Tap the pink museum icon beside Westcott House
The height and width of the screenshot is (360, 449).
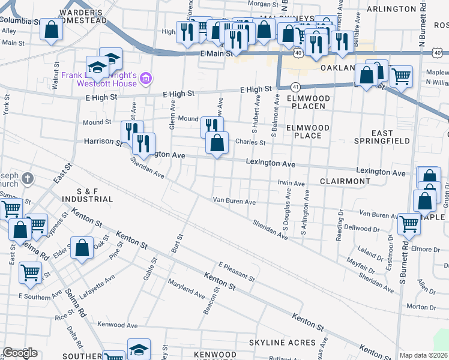tap(148, 78)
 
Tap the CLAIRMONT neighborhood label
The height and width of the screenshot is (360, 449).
tap(345, 181)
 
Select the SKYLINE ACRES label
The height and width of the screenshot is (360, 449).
tap(282, 343)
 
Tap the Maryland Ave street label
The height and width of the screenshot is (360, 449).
tap(186, 289)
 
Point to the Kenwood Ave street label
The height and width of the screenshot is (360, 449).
tap(118, 325)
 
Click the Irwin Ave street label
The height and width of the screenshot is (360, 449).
tap(291, 184)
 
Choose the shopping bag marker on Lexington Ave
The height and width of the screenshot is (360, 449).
tap(217, 143)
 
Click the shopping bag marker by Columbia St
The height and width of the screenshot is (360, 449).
tap(52, 29)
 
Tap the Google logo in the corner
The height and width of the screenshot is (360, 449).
tap(20, 353)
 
